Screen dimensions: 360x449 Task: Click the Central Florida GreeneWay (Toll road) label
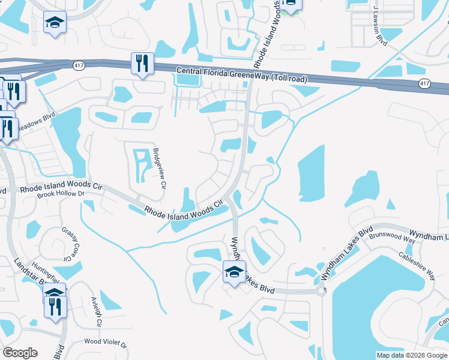pos(242,74)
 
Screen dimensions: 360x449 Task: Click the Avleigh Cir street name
pos(95,311)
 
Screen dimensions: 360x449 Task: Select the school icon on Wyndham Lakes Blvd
pos(235,272)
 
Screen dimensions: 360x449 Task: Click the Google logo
pos(20,353)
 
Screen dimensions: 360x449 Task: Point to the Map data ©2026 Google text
pos(411,355)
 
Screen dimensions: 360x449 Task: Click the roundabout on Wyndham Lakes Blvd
pos(321,291)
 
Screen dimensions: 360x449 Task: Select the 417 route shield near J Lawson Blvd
pos(424,83)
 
